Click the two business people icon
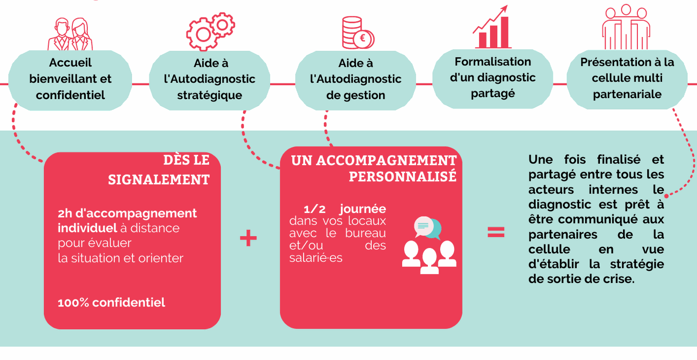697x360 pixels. tap(70, 34)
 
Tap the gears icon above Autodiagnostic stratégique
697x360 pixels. tap(210, 31)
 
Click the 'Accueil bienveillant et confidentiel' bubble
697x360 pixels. tap(70, 79)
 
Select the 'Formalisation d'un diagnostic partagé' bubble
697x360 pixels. tap(493, 78)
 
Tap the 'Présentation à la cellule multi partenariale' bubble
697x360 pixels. tap(627, 78)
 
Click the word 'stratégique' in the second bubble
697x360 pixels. tap(210, 96)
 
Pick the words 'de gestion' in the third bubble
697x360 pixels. tap(355, 96)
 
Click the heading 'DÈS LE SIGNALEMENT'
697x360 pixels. tap(159, 169)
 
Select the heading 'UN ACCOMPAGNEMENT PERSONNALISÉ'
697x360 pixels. tap(373, 168)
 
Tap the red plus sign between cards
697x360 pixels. tap(248, 238)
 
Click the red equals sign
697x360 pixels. tap(496, 232)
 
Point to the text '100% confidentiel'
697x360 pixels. tap(111, 302)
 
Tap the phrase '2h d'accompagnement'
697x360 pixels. tap(127, 213)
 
